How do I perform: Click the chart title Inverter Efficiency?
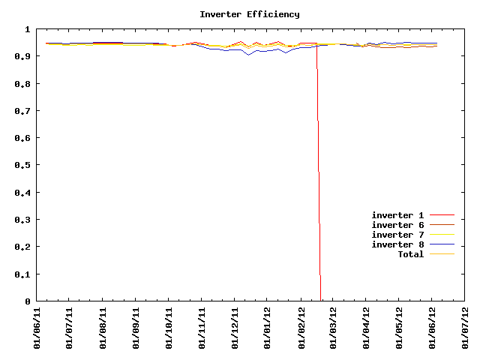pyautogui.click(x=249, y=14)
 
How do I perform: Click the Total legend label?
pyautogui.click(x=410, y=254)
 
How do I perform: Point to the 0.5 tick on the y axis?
pyautogui.click(x=22, y=165)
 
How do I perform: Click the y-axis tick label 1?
pyautogui.click(x=27, y=29)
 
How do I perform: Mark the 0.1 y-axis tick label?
pyautogui.click(x=22, y=274)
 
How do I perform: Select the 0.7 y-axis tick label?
pyautogui.click(x=22, y=111)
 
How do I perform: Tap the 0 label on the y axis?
pyautogui.click(x=27, y=301)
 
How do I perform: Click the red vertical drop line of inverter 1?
pyautogui.click(x=319, y=187)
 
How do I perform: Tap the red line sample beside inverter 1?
pyautogui.click(x=442, y=215)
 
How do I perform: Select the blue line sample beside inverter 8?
pyautogui.click(x=442, y=244)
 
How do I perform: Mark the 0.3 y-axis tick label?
pyautogui.click(x=22, y=220)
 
